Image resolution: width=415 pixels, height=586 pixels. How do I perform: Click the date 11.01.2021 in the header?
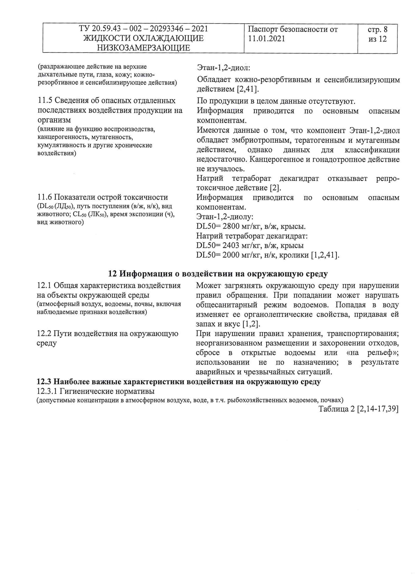266,39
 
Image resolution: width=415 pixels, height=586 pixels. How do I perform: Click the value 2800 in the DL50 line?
231,226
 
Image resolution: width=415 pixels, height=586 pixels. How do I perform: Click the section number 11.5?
45,101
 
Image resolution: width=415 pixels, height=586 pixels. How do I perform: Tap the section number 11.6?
44,197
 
